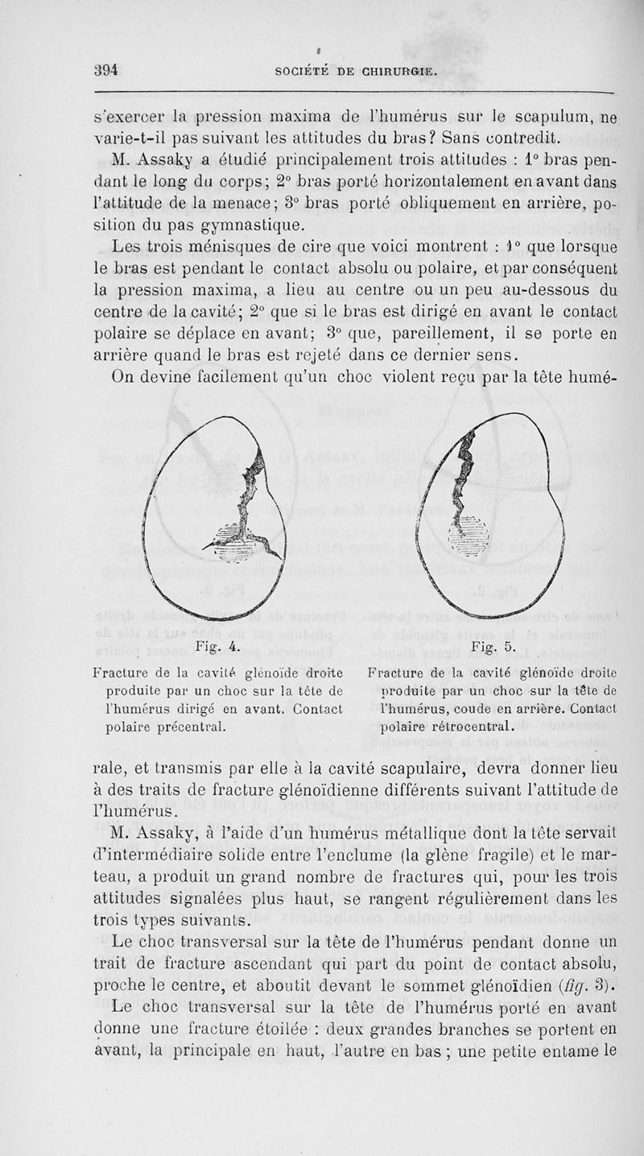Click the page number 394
(105, 69)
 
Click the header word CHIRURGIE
(390, 70)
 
